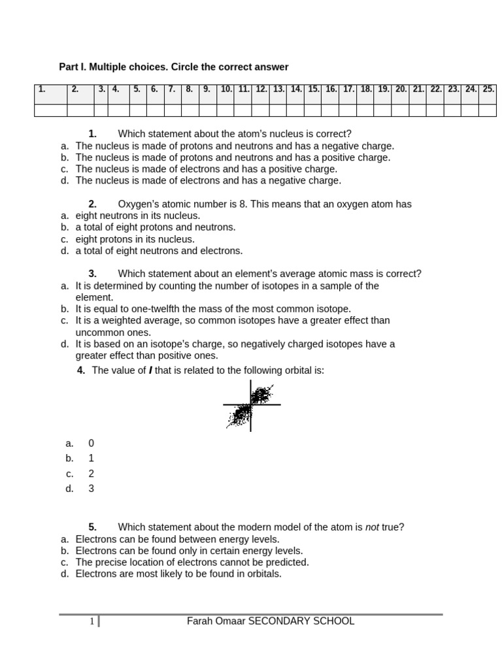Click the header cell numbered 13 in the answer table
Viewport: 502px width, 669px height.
click(278, 90)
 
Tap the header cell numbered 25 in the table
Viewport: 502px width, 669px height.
click(488, 90)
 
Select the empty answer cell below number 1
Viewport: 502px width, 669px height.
click(50, 110)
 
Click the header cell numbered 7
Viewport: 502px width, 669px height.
click(171, 90)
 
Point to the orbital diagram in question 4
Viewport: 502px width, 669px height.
click(251, 406)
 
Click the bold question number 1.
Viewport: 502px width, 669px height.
click(93, 134)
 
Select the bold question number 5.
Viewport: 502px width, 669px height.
click(93, 527)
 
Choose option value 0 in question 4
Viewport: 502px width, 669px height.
click(92, 443)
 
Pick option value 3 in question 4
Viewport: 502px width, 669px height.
click(92, 488)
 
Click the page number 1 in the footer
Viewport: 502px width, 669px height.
click(92, 621)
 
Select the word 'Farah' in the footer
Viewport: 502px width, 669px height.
click(199, 621)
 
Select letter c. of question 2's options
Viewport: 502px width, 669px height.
click(65, 239)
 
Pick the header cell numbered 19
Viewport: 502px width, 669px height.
click(384, 90)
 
